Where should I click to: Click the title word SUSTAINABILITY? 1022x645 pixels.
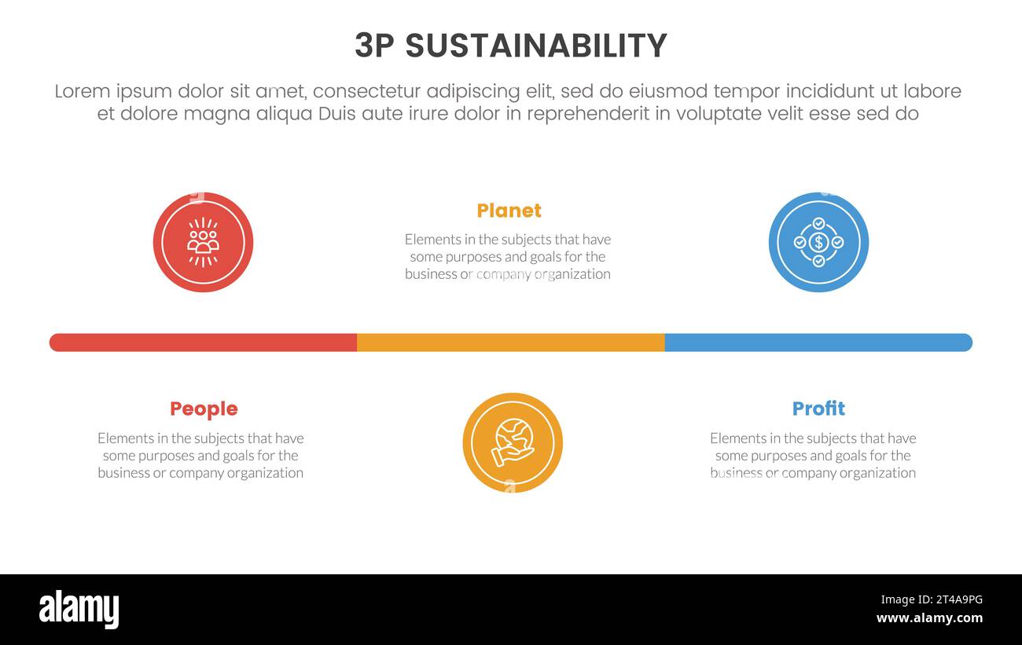(x=536, y=46)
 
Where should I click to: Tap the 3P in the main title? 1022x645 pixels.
(x=375, y=46)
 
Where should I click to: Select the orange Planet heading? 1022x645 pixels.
(x=509, y=211)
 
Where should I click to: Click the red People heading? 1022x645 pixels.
(x=204, y=409)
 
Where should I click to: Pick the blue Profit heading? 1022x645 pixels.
(x=818, y=409)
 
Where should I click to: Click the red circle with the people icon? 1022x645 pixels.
(x=203, y=242)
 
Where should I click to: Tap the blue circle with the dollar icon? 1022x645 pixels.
(x=818, y=242)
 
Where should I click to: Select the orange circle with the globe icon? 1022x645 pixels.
(x=513, y=442)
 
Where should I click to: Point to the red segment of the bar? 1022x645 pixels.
(x=203, y=343)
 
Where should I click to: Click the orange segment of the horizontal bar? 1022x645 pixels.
(x=511, y=343)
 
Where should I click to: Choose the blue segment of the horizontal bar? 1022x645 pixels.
(x=818, y=343)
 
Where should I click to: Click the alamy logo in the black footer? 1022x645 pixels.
(x=79, y=610)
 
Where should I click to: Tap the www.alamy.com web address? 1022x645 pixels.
(x=929, y=618)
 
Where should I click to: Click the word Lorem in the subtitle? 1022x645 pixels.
(x=82, y=92)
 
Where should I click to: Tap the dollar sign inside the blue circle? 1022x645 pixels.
(x=818, y=242)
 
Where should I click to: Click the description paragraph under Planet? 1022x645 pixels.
(x=508, y=257)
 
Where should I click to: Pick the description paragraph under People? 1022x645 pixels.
(x=200, y=456)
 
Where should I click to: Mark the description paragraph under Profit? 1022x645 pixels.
(x=813, y=456)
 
